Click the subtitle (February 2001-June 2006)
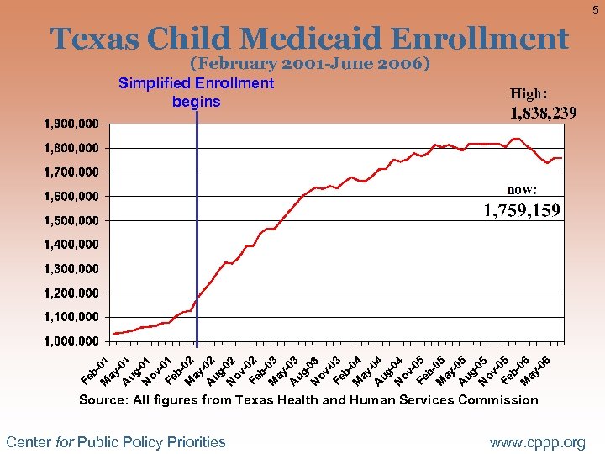[x=310, y=64]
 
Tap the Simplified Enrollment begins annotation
[x=196, y=92]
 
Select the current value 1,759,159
[x=521, y=210]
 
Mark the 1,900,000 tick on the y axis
[x=71, y=124]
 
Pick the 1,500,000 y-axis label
[x=71, y=221]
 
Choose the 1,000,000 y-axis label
[x=71, y=342]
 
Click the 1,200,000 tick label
[x=71, y=293]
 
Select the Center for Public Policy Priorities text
[x=116, y=441]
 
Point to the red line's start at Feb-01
[x=113, y=334]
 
